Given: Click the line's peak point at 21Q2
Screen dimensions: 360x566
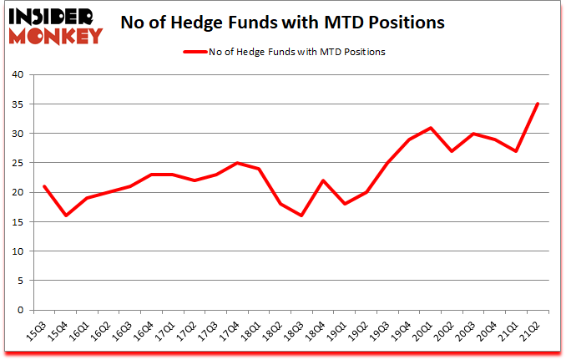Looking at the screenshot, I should coord(538,104).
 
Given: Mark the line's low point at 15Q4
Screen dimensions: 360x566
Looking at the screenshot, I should coord(65,215).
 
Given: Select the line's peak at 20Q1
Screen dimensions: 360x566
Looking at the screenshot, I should coord(430,128).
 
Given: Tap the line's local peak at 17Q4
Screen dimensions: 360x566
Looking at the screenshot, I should coord(236,163).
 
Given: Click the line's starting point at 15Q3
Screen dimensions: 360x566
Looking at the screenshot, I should coord(43,186).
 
